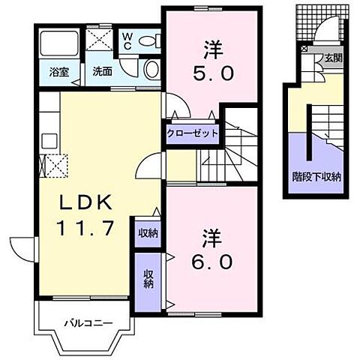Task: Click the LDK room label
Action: [x=85, y=202]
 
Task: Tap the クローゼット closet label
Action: [x=192, y=133]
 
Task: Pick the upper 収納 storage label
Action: [x=147, y=232]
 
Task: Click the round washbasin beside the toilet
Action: [x=151, y=70]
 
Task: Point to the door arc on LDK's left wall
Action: [x=21, y=246]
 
